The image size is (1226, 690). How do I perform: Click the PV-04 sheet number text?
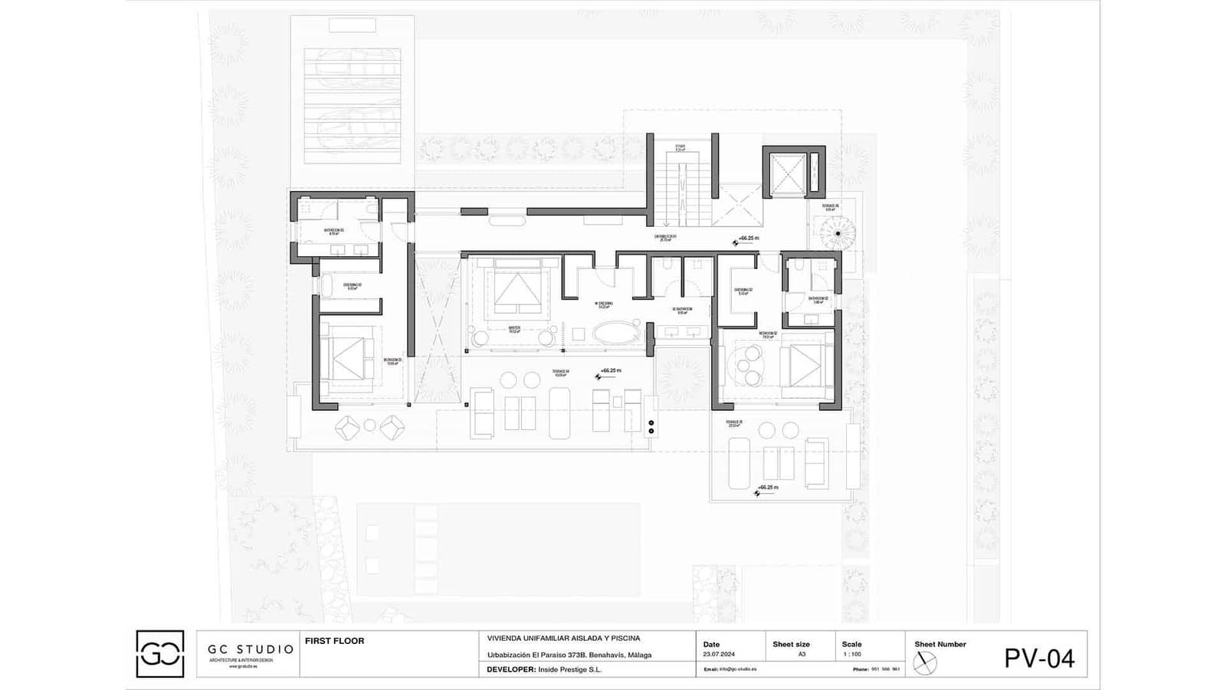point(1039,658)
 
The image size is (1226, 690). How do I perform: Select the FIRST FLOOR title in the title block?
point(334,641)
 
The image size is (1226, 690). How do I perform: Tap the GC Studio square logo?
point(160,654)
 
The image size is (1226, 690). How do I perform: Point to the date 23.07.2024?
point(718,655)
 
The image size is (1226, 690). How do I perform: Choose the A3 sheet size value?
point(801,655)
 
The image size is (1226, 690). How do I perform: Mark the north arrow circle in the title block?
point(925,662)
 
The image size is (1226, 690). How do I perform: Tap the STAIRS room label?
point(680,147)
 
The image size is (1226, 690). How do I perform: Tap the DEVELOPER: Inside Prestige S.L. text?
point(544,669)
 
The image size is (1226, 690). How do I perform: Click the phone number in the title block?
point(885,669)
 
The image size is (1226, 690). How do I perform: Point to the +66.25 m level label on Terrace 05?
point(767,488)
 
